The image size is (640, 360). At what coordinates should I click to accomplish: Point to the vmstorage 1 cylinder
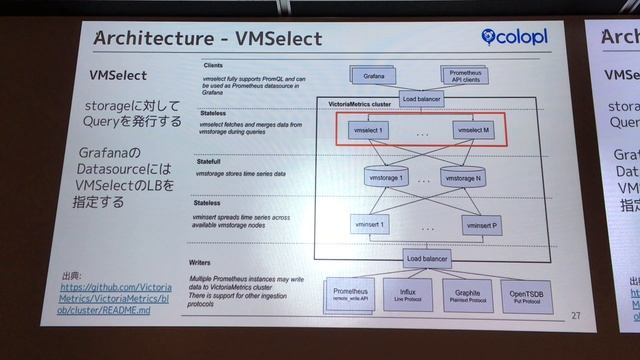(386, 178)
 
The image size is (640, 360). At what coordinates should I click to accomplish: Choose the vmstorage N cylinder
(462, 178)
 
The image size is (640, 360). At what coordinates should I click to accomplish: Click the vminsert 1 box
(370, 227)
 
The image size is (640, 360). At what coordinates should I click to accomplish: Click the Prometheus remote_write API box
(346, 293)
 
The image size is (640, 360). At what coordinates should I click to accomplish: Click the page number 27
(575, 316)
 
